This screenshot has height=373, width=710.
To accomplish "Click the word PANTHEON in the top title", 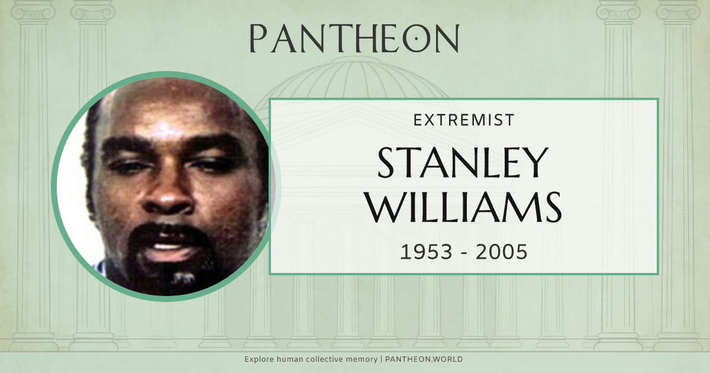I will (x=354, y=38).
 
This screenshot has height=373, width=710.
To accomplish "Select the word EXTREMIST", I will (x=463, y=120).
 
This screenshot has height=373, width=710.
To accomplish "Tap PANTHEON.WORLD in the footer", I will (x=425, y=359).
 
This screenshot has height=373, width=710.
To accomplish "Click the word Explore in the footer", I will (x=259, y=359).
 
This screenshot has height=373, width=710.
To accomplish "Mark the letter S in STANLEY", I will (x=388, y=163).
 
